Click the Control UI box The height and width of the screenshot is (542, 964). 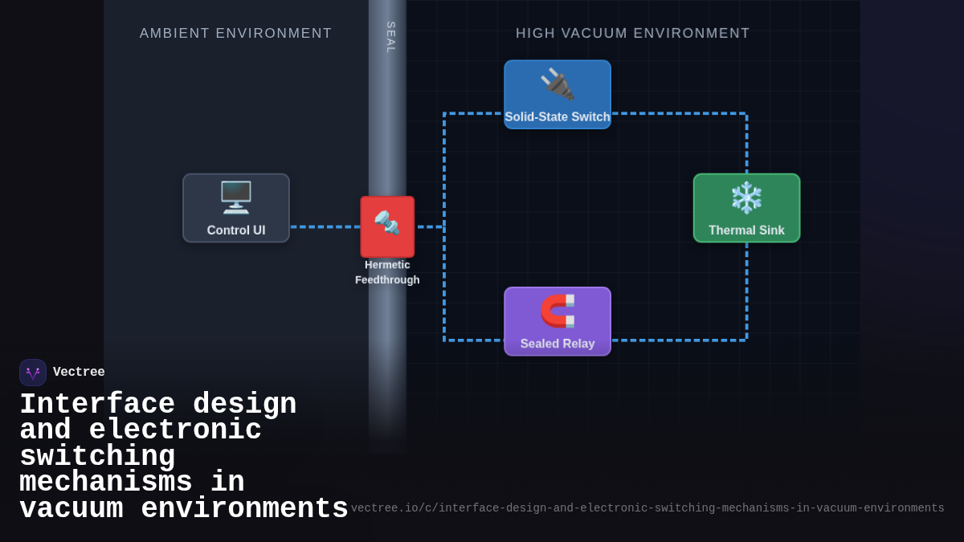(235, 208)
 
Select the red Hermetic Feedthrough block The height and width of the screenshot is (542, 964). (387, 226)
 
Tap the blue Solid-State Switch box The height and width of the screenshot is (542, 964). (558, 95)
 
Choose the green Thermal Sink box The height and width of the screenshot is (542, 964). (746, 208)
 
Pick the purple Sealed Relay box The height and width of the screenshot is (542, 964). (558, 321)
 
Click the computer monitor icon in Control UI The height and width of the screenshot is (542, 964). (235, 197)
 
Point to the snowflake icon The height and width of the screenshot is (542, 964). (746, 198)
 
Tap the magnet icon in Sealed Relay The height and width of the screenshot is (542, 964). (558, 311)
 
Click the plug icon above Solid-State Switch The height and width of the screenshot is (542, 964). (557, 84)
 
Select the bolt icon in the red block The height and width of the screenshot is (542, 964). (386, 222)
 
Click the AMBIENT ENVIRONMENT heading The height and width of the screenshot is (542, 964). (235, 34)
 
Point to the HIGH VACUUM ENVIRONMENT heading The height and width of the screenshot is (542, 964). (632, 34)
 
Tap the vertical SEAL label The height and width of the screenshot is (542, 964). (390, 38)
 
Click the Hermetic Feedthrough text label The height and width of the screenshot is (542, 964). (387, 272)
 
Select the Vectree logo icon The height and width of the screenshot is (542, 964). (33, 373)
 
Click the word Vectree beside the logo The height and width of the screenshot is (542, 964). (79, 373)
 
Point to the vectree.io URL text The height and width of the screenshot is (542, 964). (647, 508)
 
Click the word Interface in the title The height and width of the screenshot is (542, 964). (97, 404)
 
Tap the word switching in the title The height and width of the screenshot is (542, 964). (97, 457)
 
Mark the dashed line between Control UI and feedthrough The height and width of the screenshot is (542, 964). (325, 227)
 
